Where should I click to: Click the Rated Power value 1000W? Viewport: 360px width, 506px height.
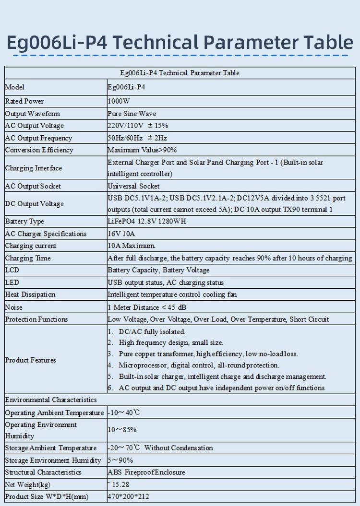tap(119, 101)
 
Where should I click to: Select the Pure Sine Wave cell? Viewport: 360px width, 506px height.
tap(132, 114)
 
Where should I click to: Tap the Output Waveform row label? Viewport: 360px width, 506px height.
tap(33, 114)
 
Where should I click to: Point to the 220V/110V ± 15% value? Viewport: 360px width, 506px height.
tap(138, 126)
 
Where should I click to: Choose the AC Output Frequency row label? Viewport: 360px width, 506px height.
tap(38, 138)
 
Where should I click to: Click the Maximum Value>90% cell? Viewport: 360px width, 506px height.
tap(142, 150)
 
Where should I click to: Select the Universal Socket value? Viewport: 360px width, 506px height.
tap(133, 186)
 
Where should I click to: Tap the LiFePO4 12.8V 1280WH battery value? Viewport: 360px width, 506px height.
tap(146, 222)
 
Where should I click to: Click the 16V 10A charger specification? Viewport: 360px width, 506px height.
tap(121, 234)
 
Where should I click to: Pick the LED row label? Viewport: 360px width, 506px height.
tap(12, 282)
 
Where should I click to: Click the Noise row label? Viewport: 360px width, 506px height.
tap(14, 307)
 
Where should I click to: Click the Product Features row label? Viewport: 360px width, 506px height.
tap(31, 360)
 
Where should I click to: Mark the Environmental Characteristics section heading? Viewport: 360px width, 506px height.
tap(51, 400)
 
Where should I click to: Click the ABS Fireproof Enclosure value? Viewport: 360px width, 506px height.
tap(146, 472)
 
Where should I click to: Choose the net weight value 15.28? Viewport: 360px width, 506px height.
tap(120, 484)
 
